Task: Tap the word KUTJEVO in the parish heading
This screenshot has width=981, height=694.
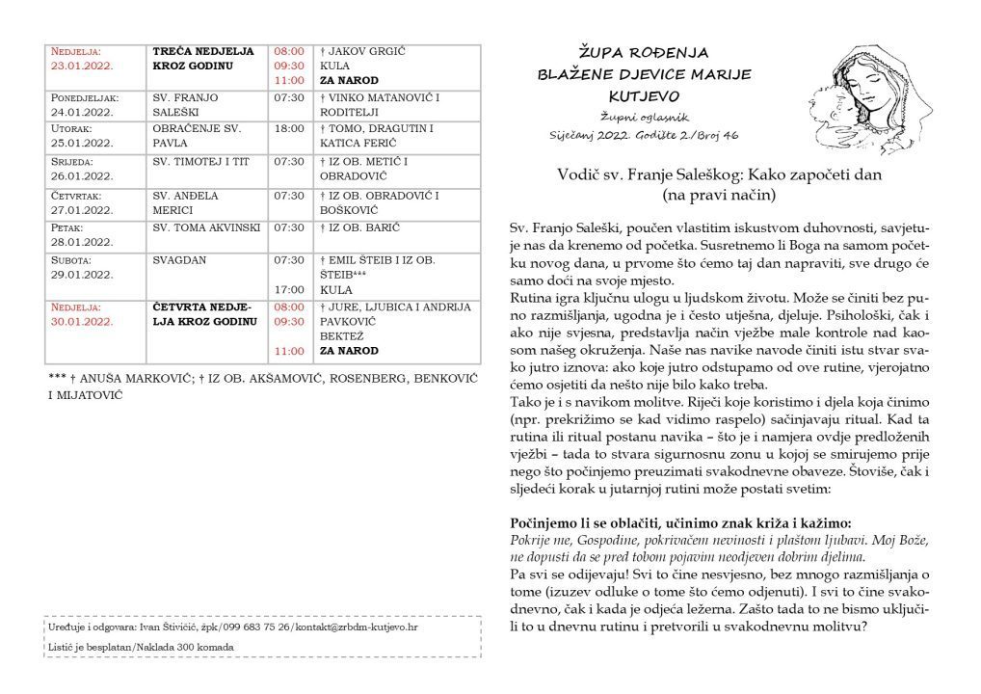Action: pyautogui.click(x=643, y=96)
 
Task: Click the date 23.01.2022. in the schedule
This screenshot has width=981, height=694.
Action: pyautogui.click(x=82, y=67)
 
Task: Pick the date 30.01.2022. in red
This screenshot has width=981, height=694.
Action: pyautogui.click(x=82, y=321)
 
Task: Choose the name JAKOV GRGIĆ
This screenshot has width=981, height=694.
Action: pyautogui.click(x=362, y=51)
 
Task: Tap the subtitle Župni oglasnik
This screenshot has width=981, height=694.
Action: pyautogui.click(x=644, y=115)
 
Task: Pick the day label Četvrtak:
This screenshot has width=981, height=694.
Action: pyautogui.click(x=76, y=195)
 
